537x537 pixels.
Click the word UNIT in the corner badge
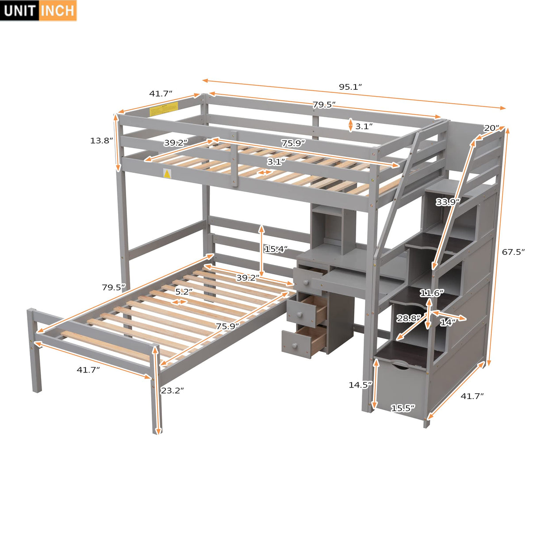[x=20, y=10]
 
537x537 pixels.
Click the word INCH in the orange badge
[x=58, y=10]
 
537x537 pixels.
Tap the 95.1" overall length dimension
[x=350, y=87]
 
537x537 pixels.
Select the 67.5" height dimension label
[x=513, y=252]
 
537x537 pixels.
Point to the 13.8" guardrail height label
[x=101, y=141]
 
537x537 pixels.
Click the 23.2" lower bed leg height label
[x=172, y=391]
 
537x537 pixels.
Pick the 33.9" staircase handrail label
[x=448, y=202]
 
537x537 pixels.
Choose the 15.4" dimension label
[x=276, y=249]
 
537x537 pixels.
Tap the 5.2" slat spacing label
[x=183, y=292]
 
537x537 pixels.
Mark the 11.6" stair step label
[x=432, y=293]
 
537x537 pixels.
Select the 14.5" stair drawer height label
[x=360, y=385]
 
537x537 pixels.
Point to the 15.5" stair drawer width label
[x=403, y=408]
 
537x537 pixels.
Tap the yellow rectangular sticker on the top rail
[x=164, y=108]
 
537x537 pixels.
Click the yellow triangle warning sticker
[x=167, y=174]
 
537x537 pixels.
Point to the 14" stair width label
[x=447, y=322]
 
